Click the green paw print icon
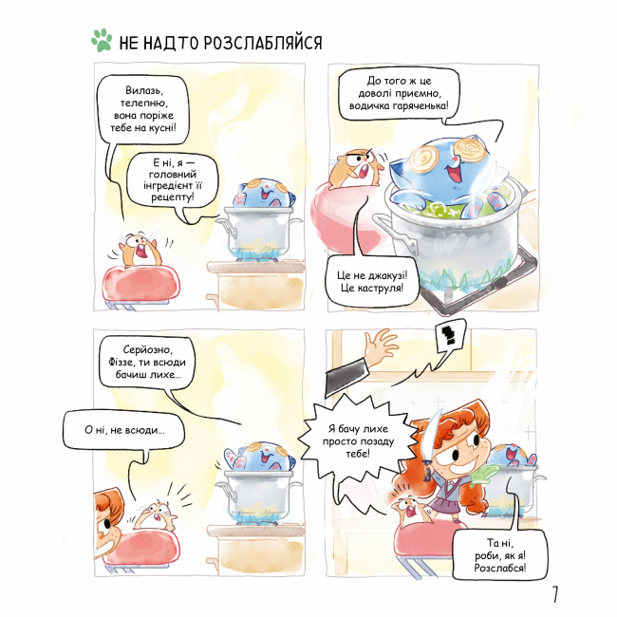tap(102, 40)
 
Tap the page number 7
tap(555, 594)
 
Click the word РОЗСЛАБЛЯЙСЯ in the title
tap(263, 43)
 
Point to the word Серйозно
tap(147, 349)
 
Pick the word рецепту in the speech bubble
tap(173, 196)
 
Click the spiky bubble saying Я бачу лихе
tap(357, 440)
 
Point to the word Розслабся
tap(499, 568)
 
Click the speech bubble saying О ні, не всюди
tap(124, 430)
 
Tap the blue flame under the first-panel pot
tap(258, 252)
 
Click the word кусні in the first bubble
tap(161, 128)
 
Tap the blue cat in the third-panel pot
tap(260, 456)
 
